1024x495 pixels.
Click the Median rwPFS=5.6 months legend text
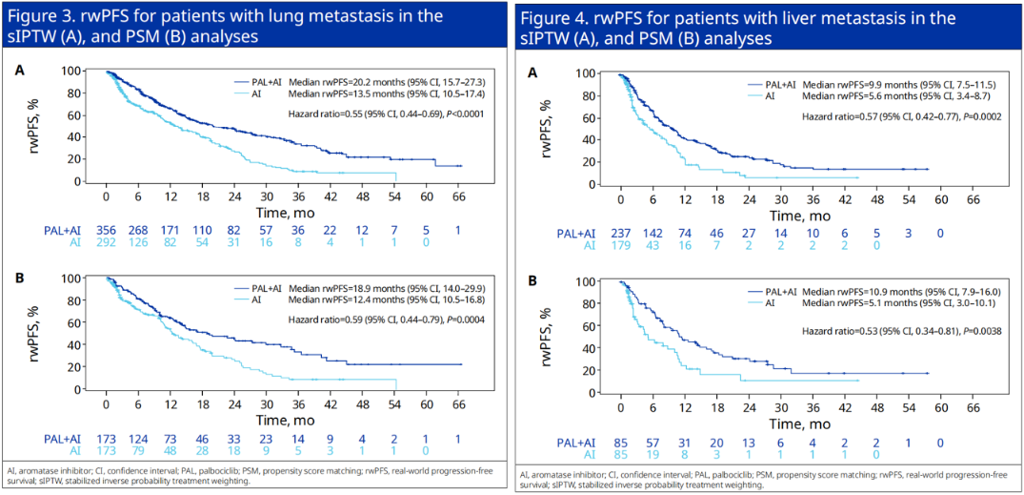coord(878,95)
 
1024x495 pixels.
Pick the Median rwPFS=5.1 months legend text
coord(876,303)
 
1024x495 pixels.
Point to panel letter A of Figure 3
coord(18,70)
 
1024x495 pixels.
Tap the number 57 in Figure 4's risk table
coord(653,442)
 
